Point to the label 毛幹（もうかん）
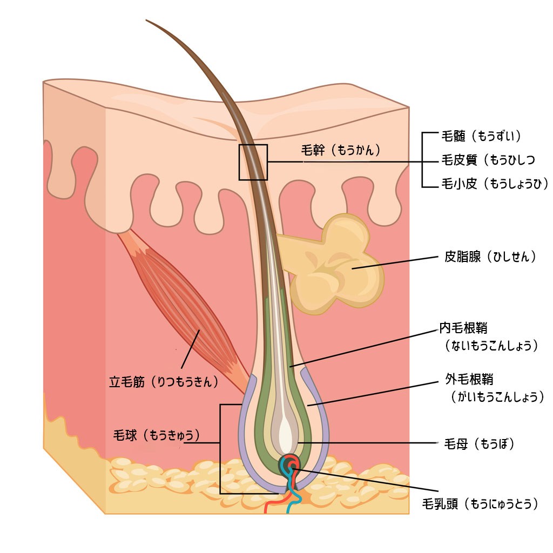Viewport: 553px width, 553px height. [x=341, y=151]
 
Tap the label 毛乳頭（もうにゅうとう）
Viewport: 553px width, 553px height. [x=480, y=504]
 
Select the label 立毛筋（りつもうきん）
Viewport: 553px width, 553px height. [x=164, y=382]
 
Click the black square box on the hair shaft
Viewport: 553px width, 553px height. [x=253, y=162]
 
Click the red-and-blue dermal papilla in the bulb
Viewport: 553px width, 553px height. [x=290, y=464]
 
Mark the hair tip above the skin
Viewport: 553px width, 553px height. [x=149, y=22]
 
